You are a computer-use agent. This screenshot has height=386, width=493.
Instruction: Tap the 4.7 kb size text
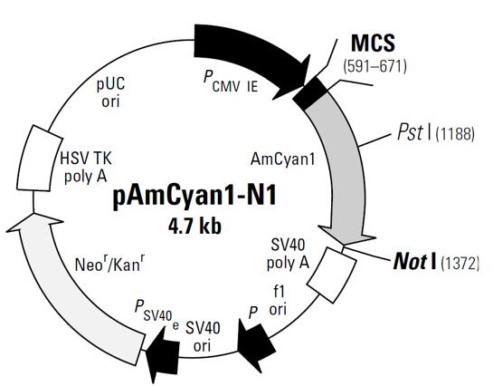(x=194, y=227)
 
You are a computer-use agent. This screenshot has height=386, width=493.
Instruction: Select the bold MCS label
(x=373, y=43)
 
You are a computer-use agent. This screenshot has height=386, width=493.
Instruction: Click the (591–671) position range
(x=374, y=67)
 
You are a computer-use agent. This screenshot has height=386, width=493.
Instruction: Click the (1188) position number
(x=455, y=134)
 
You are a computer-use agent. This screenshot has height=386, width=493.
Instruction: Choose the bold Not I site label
(x=414, y=261)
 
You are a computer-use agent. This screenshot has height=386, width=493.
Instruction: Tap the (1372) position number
(x=460, y=263)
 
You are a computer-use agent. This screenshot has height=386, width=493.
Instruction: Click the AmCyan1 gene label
(x=282, y=160)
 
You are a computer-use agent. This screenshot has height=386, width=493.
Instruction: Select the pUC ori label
(x=110, y=92)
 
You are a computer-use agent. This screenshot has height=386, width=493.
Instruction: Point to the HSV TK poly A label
(x=86, y=167)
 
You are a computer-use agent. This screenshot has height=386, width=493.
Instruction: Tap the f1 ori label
(x=278, y=301)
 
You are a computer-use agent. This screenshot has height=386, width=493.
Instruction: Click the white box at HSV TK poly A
(x=38, y=159)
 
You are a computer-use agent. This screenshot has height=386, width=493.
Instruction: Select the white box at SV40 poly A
(x=331, y=275)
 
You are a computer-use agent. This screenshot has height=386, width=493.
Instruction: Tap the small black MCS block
(x=310, y=93)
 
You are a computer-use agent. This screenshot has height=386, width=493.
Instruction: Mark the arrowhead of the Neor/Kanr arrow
(x=34, y=223)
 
